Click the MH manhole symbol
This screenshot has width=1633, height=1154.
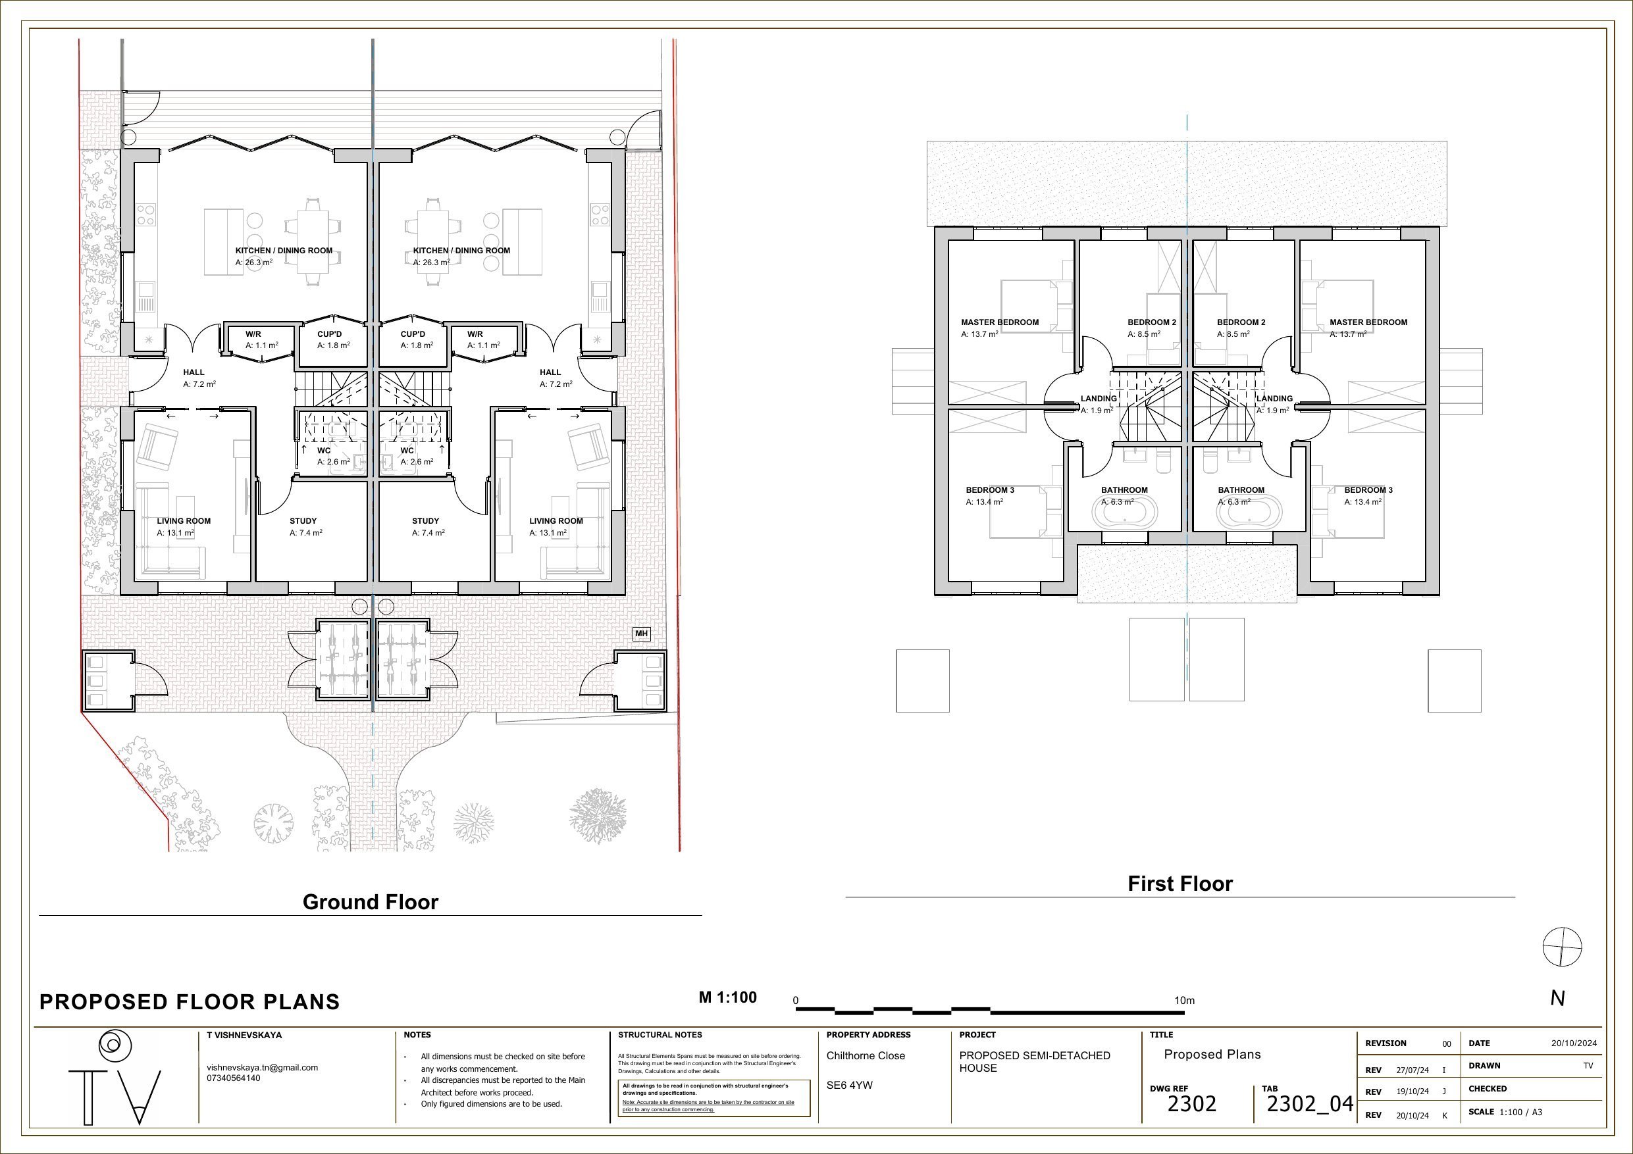(x=642, y=634)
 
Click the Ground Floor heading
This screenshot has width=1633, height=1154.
(x=371, y=901)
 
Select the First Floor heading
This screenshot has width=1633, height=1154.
(x=1180, y=883)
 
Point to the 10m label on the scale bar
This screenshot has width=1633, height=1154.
(x=1184, y=1001)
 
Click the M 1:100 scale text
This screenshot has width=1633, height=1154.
(x=727, y=997)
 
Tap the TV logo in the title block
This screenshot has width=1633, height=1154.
(x=115, y=1078)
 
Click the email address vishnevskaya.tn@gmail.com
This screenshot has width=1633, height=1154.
(x=263, y=1067)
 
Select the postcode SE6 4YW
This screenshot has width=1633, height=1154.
(x=849, y=1085)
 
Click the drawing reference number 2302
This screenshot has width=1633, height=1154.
(x=1192, y=1103)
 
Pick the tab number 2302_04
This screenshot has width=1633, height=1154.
(x=1309, y=1103)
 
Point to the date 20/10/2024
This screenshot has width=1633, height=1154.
(x=1574, y=1043)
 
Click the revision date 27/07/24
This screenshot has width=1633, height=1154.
(x=1413, y=1070)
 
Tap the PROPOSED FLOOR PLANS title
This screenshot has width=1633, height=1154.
(x=189, y=1002)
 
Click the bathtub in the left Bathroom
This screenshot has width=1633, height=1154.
(x=1124, y=512)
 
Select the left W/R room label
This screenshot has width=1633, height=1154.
(x=253, y=334)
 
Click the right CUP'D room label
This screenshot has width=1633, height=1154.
(x=413, y=334)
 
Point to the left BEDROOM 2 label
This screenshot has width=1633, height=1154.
(x=1151, y=322)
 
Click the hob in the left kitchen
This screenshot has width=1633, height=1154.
(x=146, y=214)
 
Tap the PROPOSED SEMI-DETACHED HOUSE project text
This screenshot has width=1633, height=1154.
(x=1034, y=1062)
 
